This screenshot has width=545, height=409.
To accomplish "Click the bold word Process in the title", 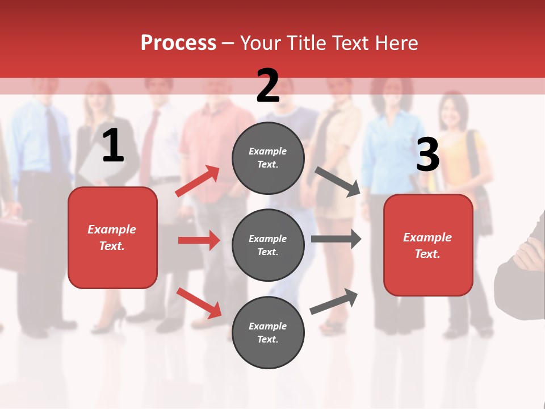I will click(178, 43).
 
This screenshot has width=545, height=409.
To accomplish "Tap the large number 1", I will click(113, 146).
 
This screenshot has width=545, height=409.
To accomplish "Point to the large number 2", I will click(268, 86).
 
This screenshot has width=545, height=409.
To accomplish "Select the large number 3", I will click(427, 155).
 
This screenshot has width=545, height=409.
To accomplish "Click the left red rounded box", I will click(112, 237).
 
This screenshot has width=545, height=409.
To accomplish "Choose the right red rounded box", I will click(428, 245).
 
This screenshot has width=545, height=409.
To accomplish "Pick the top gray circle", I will click(268, 158).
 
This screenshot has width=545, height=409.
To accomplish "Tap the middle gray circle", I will click(268, 245).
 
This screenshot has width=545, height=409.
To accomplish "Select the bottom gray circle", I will click(268, 332).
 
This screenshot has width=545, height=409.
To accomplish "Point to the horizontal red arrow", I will click(199, 240).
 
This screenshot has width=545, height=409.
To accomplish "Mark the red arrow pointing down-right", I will click(199, 303).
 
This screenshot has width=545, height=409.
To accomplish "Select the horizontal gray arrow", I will click(336, 239).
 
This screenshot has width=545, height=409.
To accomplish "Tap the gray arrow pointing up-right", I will click(334, 302).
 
